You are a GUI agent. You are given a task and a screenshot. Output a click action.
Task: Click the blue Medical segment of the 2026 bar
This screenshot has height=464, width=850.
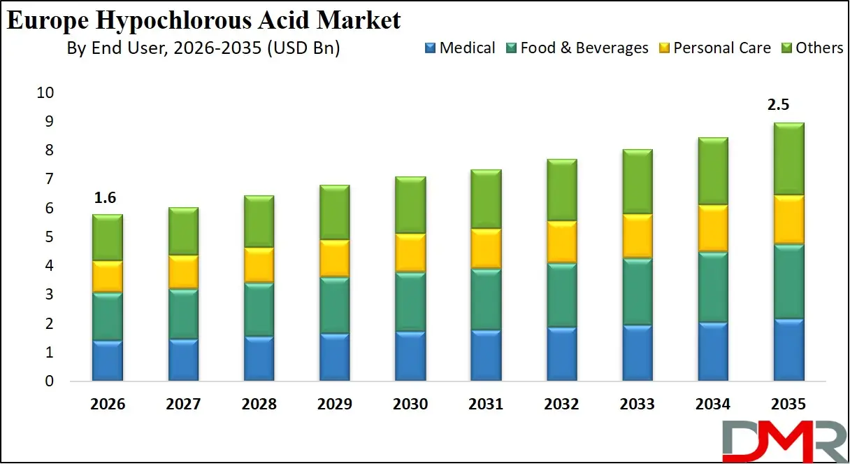[x=108, y=360]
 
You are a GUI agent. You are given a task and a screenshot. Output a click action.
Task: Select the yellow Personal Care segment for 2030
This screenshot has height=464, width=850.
[x=410, y=253]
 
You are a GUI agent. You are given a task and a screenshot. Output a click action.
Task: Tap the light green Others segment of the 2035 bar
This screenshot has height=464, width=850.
[x=788, y=159]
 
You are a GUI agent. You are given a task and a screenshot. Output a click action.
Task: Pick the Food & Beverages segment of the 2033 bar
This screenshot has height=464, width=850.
[x=637, y=291]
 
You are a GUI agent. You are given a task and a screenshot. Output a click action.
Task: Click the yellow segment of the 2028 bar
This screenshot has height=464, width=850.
[x=259, y=265]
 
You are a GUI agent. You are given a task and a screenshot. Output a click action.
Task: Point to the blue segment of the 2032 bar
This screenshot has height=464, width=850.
[x=561, y=353]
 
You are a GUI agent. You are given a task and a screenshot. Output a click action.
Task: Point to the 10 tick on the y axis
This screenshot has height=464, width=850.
[x=45, y=93]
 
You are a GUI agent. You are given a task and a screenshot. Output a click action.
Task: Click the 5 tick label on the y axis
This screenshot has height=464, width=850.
[x=49, y=237]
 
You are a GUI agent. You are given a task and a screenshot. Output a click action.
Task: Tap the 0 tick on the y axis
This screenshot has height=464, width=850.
[x=49, y=382]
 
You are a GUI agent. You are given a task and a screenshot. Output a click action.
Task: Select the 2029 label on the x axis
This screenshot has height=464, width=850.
[x=334, y=405]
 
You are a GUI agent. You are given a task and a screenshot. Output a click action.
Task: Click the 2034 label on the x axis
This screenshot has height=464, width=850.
[x=712, y=405]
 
